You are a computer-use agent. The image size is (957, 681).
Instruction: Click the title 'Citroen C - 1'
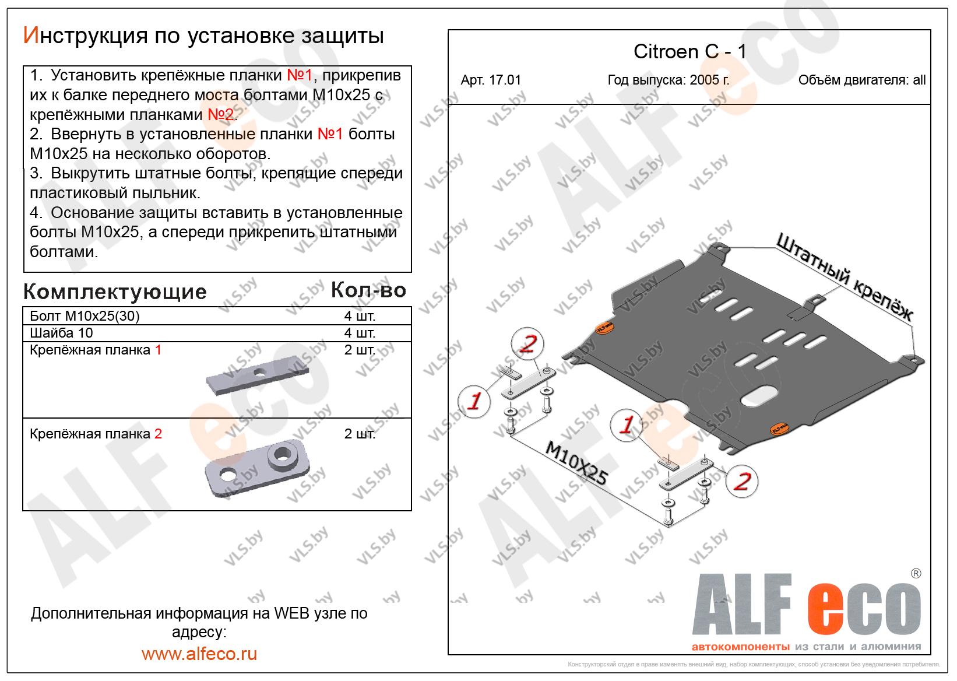pyautogui.click(x=689, y=52)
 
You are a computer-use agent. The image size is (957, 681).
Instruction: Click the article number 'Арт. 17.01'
pyautogui.click(x=491, y=80)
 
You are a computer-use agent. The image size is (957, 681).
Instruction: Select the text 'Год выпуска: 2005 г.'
pyautogui.click(x=668, y=80)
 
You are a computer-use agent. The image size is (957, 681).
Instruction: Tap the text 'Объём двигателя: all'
pyautogui.click(x=862, y=80)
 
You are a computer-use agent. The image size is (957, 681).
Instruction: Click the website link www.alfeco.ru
pyautogui.click(x=199, y=654)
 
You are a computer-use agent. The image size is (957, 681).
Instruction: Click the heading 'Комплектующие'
pyautogui.click(x=115, y=292)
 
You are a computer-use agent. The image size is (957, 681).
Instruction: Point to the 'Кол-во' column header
pyautogui.click(x=368, y=290)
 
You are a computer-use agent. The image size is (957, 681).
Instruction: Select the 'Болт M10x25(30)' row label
pyautogui.click(x=85, y=316)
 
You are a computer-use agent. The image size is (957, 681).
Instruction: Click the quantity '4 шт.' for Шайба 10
pyautogui.click(x=360, y=332)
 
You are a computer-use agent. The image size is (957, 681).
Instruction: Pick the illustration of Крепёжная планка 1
pyautogui.click(x=258, y=376)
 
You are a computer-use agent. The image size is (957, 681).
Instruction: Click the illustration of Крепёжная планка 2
pyautogui.click(x=258, y=469)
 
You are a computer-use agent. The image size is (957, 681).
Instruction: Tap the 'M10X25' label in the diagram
pyautogui.click(x=577, y=464)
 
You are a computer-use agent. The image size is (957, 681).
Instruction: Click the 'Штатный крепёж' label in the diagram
pyautogui.click(x=845, y=278)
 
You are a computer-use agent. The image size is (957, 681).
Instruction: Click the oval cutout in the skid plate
pyautogui.click(x=759, y=396)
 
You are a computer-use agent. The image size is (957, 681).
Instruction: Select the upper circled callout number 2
pyautogui.click(x=527, y=344)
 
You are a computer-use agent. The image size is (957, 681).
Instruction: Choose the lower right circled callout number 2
pyautogui.click(x=742, y=482)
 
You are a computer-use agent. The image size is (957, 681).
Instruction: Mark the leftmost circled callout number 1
pyautogui.click(x=474, y=401)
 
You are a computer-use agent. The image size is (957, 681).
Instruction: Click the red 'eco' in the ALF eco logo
pyautogui.click(x=864, y=609)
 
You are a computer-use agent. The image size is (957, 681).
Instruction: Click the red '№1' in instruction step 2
pyautogui.click(x=330, y=134)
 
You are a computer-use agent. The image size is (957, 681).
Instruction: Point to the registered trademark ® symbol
pyautogui.click(x=916, y=573)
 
